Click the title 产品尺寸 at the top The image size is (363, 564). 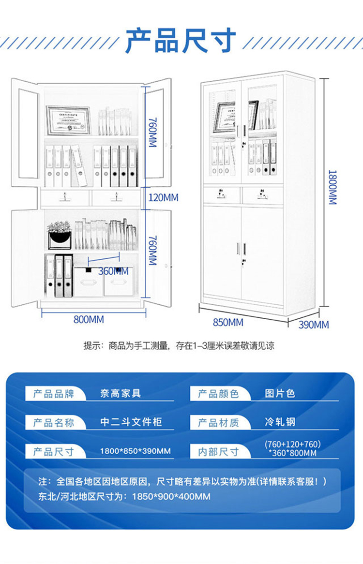pyautogui.click(x=181, y=40)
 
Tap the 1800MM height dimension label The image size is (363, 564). pyautogui.click(x=332, y=187)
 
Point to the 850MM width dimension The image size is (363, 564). pyautogui.click(x=228, y=322)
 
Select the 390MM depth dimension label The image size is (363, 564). pyautogui.click(x=313, y=325)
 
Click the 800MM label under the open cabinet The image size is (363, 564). pyautogui.click(x=89, y=319)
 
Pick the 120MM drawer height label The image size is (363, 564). pyautogui.click(x=163, y=197)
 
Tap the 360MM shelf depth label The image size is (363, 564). pyautogui.click(x=113, y=271)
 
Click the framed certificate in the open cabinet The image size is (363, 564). pyautogui.click(x=68, y=120)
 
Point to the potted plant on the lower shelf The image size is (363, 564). pyautogui.click(x=60, y=236)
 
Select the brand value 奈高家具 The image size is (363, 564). pyautogui.click(x=121, y=393)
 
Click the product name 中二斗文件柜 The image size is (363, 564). pyautogui.click(x=131, y=422)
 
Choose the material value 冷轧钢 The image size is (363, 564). pyautogui.click(x=280, y=422)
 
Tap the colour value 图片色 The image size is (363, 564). pyautogui.click(x=280, y=393)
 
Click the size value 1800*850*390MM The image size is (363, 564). pyautogui.click(x=135, y=451)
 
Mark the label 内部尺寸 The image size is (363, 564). pyautogui.click(x=218, y=451)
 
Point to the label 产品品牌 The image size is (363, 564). pyautogui.click(x=54, y=394)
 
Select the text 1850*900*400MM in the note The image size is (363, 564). pyautogui.click(x=171, y=496)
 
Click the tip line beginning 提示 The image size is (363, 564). pyautogui.click(x=179, y=346)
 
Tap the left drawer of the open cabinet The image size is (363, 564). pyautogui.click(x=65, y=198)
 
